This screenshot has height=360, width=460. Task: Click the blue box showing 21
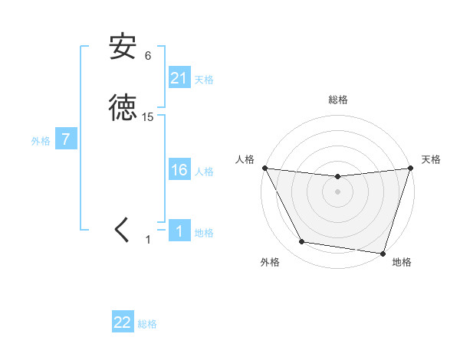pyautogui.click(x=179, y=78)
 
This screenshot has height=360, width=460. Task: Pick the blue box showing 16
pyautogui.click(x=179, y=170)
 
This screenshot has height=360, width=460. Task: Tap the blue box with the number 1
pyautogui.click(x=179, y=231)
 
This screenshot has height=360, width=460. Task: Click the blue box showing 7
pyautogui.click(x=67, y=140)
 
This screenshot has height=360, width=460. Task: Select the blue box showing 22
pyautogui.click(x=123, y=322)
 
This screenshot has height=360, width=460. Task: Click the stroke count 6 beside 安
pyautogui.click(x=148, y=56)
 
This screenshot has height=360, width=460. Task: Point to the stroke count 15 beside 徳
pyautogui.click(x=148, y=117)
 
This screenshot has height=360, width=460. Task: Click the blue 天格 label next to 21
pyautogui.click(x=204, y=80)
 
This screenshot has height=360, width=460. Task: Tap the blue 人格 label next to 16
pyautogui.click(x=204, y=172)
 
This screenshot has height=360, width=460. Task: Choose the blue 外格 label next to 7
pyautogui.click(x=41, y=141)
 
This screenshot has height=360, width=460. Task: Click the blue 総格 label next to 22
pyautogui.click(x=147, y=324)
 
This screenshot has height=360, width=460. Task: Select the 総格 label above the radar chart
pyautogui.click(x=338, y=100)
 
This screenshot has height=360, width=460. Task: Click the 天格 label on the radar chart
pyautogui.click(x=431, y=159)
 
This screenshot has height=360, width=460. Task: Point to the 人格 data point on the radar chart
pyautogui.click(x=264, y=168)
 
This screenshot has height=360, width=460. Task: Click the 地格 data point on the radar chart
pyautogui.click(x=383, y=253)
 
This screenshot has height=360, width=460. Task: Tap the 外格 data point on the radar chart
pyautogui.click(x=301, y=242)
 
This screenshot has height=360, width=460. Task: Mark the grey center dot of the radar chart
pyautogui.click(x=337, y=191)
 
